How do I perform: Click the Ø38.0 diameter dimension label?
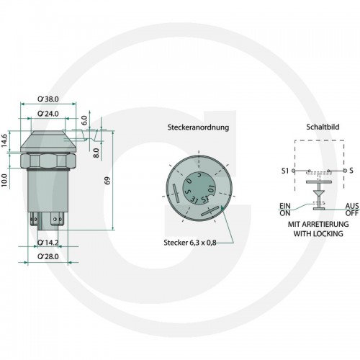[x=48, y=99]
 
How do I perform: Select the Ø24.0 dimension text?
[x=48, y=114]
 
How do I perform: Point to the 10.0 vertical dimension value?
[x=5, y=181]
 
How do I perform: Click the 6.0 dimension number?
[x=84, y=120]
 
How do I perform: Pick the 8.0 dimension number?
[x=96, y=153]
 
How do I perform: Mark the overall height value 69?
[x=107, y=181]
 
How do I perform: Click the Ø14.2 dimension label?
[x=48, y=243]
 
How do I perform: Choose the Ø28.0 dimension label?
[x=48, y=256]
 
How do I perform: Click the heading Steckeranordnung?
[x=198, y=127]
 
